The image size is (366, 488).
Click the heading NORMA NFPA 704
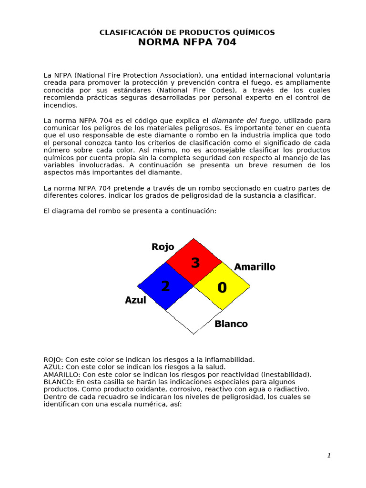tap(187, 42)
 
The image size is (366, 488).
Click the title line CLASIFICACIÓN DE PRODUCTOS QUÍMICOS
tap(187, 32)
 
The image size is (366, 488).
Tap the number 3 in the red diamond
tap(195, 263)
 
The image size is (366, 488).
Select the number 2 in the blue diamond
tap(165, 286)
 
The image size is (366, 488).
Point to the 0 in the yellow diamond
tap(222, 287)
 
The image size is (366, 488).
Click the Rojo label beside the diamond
tap(163, 247)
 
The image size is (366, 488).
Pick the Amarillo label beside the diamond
tap(254, 267)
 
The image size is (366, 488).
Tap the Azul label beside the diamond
tap(135, 300)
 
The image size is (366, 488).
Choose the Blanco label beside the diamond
tap(231, 324)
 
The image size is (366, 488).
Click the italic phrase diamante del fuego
tap(245, 121)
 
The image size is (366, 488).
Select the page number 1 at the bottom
tap(329, 456)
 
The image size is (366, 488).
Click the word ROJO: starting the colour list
tap(53, 359)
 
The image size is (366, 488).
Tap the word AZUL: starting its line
tap(53, 367)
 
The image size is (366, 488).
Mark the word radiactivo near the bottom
tap(292, 389)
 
